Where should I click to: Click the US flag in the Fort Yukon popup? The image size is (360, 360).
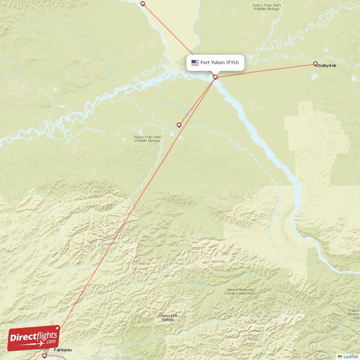click(195, 63)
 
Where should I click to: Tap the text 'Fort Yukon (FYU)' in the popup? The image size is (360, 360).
click(220, 63)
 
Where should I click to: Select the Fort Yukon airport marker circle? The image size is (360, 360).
click(216, 77)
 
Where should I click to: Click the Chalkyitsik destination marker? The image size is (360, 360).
click(315, 64)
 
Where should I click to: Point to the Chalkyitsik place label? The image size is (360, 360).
click(326, 66)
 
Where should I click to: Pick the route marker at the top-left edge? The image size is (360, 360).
click(143, 4)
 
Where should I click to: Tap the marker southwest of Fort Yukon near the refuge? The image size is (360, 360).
click(179, 125)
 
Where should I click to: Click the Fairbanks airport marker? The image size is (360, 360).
click(44, 355)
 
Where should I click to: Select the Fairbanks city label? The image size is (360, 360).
click(63, 350)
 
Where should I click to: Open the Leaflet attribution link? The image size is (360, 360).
click(351, 356)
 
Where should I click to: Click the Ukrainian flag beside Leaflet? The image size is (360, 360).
click(340, 356)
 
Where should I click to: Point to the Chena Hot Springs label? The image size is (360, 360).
click(167, 318)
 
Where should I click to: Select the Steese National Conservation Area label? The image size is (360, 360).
click(240, 291)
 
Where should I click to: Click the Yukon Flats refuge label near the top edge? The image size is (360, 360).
click(267, 7)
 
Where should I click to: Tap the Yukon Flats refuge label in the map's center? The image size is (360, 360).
click(147, 139)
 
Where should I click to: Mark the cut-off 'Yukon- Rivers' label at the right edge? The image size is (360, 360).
click(354, 312)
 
